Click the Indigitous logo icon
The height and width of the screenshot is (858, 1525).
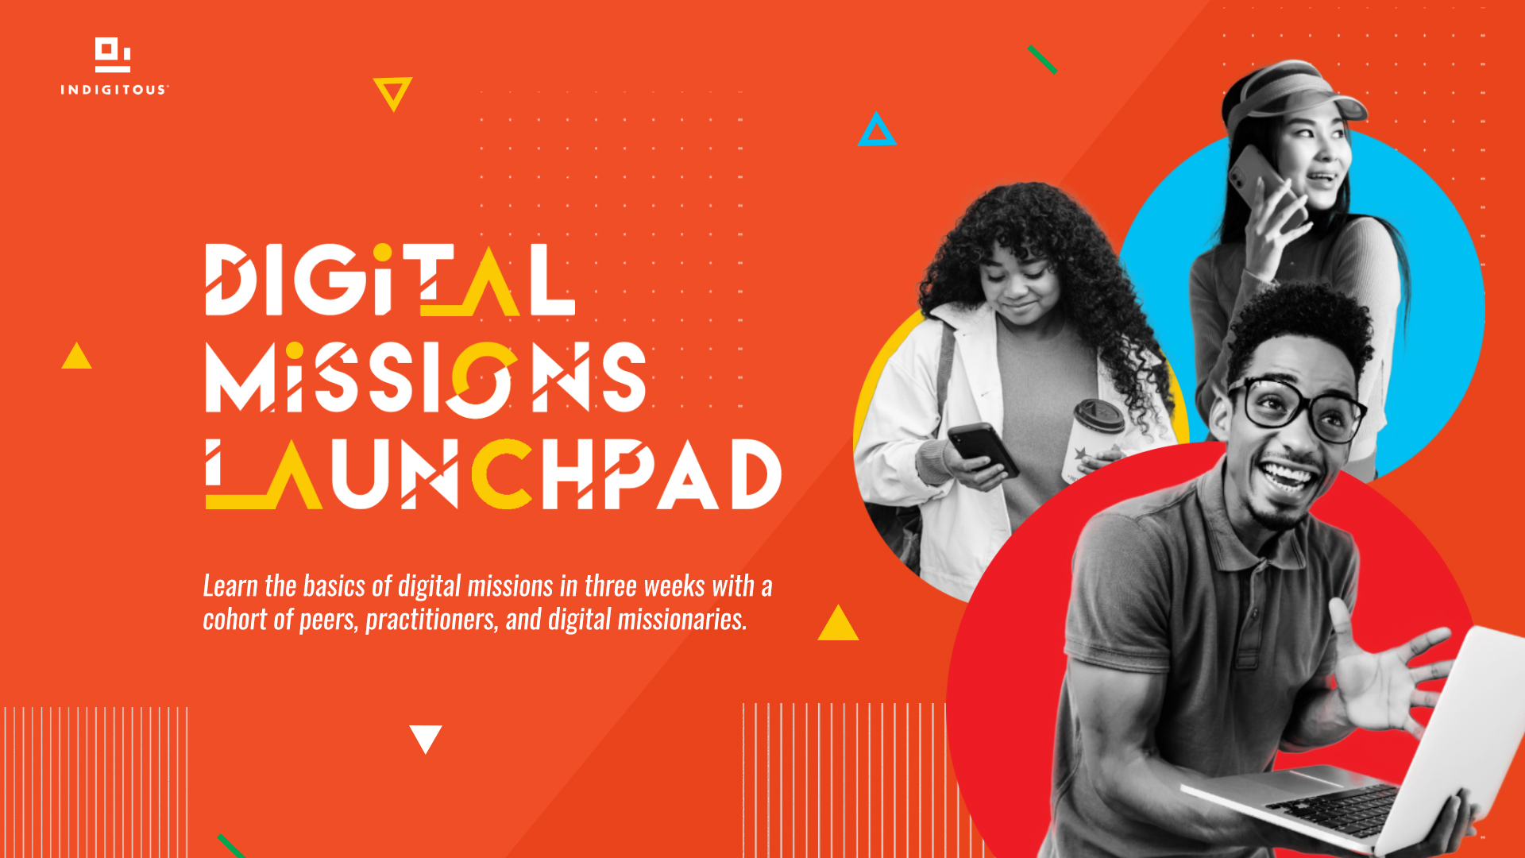(x=113, y=55)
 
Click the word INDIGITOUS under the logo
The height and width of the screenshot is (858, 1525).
(x=114, y=90)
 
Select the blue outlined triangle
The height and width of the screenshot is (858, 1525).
(x=876, y=129)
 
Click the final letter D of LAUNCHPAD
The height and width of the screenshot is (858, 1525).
(x=756, y=474)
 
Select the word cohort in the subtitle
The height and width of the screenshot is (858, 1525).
(x=236, y=620)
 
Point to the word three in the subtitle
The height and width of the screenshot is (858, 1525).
(x=610, y=586)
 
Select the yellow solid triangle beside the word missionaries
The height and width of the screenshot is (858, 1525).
(x=838, y=623)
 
